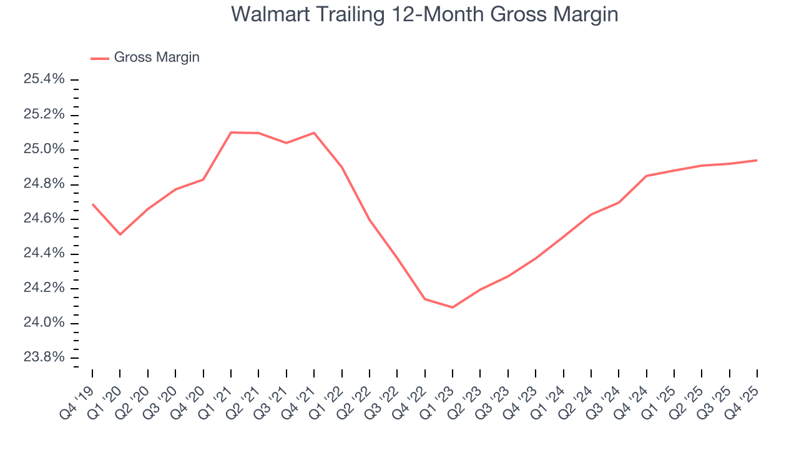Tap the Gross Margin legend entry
tap(156, 57)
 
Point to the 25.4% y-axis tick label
tap(44, 79)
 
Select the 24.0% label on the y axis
tap(44, 322)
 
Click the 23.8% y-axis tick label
tap(44, 357)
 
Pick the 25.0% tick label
tap(44, 149)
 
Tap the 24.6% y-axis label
tap(44, 219)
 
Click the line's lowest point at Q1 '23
tap(453, 307)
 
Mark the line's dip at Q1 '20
tap(120, 234)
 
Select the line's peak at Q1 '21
tap(231, 132)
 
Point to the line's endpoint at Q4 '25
tap(757, 160)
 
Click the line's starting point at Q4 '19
tap(92, 204)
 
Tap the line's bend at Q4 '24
tap(647, 176)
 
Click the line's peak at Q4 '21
tap(314, 132)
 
